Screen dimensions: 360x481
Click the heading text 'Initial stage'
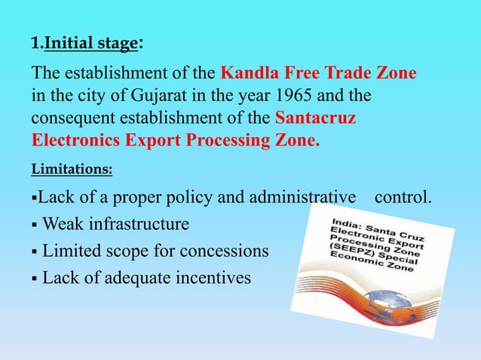pos(90,44)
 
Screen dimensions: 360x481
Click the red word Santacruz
pos(316,120)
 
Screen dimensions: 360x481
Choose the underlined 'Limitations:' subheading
pos(72,170)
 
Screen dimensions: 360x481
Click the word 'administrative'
pos(305,199)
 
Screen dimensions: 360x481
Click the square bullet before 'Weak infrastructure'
pos(34,225)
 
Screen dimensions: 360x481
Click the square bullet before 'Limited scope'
pos(34,252)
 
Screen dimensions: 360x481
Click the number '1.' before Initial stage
pos(36,44)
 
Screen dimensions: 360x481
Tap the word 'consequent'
pos(72,120)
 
